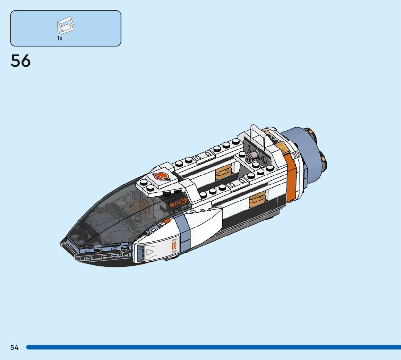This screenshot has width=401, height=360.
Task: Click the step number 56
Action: (x=21, y=61)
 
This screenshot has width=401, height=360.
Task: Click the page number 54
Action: (x=15, y=348)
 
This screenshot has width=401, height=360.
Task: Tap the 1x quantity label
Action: (x=60, y=38)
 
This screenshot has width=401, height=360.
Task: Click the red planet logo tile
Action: (x=161, y=177)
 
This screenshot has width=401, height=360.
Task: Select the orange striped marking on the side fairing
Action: (x=174, y=246)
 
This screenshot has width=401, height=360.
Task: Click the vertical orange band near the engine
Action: (x=290, y=178)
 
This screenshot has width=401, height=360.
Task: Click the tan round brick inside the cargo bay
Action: (x=223, y=172)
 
